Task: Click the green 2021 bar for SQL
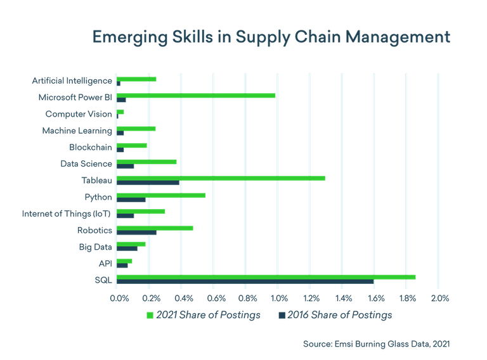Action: click(266, 277)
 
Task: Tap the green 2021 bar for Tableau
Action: click(221, 178)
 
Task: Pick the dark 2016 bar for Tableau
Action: click(148, 183)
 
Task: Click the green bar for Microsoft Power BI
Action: click(197, 96)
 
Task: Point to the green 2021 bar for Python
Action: click(161, 195)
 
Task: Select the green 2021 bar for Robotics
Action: click(155, 228)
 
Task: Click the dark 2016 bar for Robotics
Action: click(136, 233)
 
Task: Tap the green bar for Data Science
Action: click(147, 162)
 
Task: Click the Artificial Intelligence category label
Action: click(72, 80)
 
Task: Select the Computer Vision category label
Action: click(79, 114)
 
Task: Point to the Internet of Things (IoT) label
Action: click(67, 213)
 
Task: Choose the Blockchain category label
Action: click(90, 147)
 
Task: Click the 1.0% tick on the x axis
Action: click(278, 297)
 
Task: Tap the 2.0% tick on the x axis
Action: click(440, 297)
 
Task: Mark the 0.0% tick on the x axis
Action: click(119, 297)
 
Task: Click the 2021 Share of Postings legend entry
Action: click(204, 315)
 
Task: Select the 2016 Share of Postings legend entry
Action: click(335, 315)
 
